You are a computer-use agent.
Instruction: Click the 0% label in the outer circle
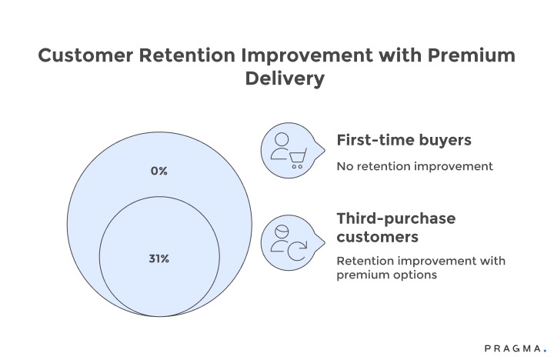[159, 171]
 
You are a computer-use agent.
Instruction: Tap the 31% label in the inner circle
[159, 258]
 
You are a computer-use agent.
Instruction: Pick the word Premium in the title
[466, 56]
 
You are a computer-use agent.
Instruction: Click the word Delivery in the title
[276, 79]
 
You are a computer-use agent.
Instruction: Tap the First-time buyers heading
[403, 141]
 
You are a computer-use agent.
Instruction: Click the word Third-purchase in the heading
[395, 218]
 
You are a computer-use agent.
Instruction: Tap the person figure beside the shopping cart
[280, 145]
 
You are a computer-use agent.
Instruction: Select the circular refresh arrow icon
[296, 248]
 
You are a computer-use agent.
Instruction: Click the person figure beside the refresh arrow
[280, 236]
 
